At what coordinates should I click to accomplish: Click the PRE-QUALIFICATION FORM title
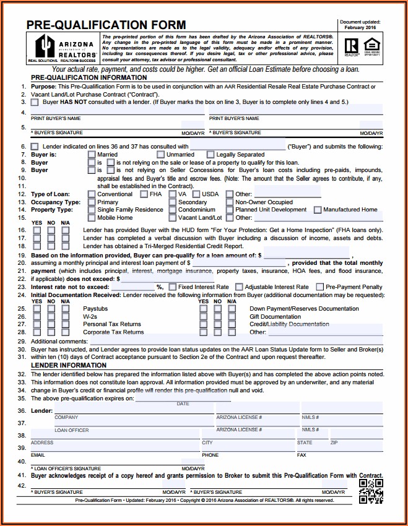(106, 25)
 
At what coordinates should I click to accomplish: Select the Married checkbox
(92, 155)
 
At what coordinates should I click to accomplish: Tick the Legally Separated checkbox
(211, 155)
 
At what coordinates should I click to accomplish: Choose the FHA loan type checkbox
(144, 194)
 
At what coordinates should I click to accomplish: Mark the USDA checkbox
(196, 194)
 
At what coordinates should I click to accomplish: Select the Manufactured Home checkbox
(318, 210)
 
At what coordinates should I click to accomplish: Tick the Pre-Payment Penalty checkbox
(320, 287)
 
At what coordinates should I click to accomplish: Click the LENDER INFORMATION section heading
(69, 366)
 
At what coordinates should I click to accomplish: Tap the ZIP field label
(334, 443)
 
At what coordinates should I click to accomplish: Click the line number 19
(22, 255)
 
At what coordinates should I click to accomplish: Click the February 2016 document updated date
(360, 28)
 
